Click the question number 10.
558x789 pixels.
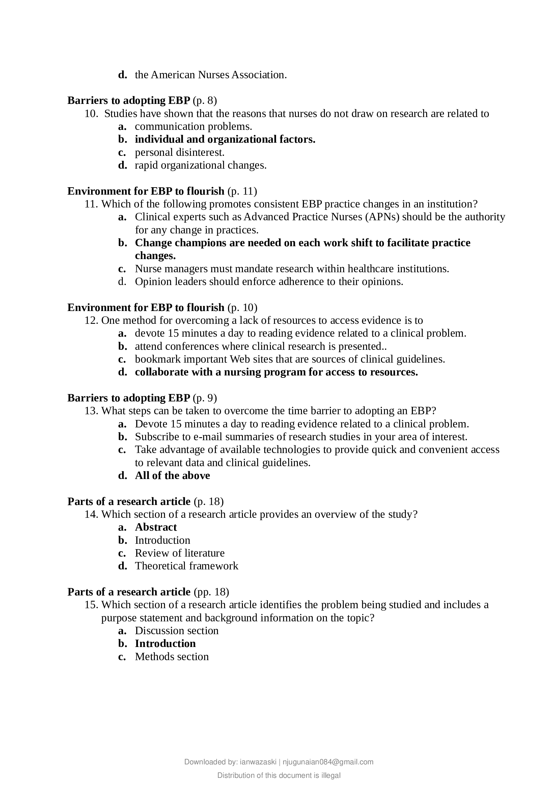point(91,114)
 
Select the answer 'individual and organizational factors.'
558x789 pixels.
point(225,140)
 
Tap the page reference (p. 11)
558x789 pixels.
point(242,191)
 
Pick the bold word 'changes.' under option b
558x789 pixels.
point(155,256)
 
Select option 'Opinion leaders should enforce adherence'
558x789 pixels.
point(269,282)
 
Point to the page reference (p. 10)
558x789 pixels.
point(242,308)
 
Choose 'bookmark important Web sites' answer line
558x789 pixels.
point(290,360)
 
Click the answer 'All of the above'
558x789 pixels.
point(172,476)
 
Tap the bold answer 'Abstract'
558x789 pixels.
point(156,528)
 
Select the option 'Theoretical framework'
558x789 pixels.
point(186,566)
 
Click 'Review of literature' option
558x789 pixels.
point(179,553)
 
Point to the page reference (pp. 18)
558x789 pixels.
point(211,592)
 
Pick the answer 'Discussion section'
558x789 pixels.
point(176,631)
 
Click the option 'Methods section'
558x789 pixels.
point(172,657)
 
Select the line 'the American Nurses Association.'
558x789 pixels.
point(211,75)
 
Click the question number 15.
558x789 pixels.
point(91,605)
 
